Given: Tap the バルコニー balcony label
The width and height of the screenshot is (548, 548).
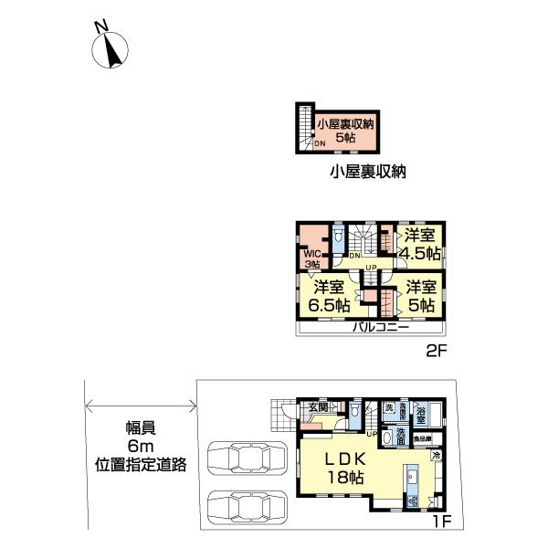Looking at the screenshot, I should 375,328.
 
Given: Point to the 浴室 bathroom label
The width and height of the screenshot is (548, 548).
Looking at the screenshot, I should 420,411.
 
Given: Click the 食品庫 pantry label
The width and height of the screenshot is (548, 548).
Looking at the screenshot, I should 422,439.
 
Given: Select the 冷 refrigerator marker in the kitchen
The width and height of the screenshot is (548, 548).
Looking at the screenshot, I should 436,456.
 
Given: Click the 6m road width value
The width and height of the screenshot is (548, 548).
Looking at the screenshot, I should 140,446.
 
